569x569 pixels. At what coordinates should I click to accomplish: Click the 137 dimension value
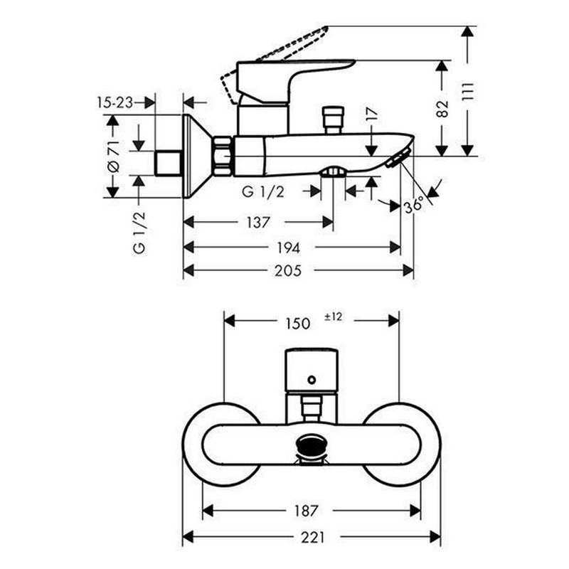[258, 222]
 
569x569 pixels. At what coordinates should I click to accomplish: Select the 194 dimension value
[289, 247]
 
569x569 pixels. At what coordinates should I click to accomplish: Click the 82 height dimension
[443, 108]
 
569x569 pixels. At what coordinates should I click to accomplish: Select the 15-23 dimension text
[115, 102]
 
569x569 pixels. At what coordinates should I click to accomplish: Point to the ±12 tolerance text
[333, 317]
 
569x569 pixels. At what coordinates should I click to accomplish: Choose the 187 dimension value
[306, 510]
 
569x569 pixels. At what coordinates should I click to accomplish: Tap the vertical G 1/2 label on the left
[139, 231]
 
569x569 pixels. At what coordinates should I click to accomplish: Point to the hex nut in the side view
[223, 156]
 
